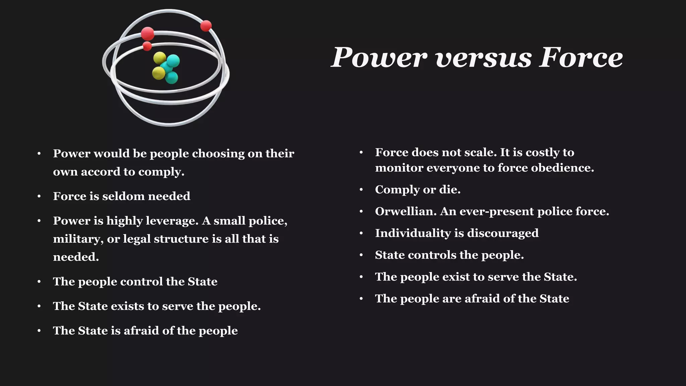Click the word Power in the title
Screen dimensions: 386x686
(x=379, y=58)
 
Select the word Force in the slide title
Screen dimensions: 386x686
(x=581, y=58)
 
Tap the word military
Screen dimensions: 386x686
(x=78, y=239)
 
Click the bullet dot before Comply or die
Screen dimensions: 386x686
(x=361, y=190)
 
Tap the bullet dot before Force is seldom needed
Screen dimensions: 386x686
(x=39, y=196)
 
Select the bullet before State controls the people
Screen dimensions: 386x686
(x=361, y=255)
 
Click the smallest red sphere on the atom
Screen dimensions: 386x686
(x=147, y=46)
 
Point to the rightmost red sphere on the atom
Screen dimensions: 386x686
(x=206, y=26)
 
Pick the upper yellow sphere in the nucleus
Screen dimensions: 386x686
(x=159, y=58)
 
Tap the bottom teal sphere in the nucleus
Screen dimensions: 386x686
(x=172, y=78)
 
